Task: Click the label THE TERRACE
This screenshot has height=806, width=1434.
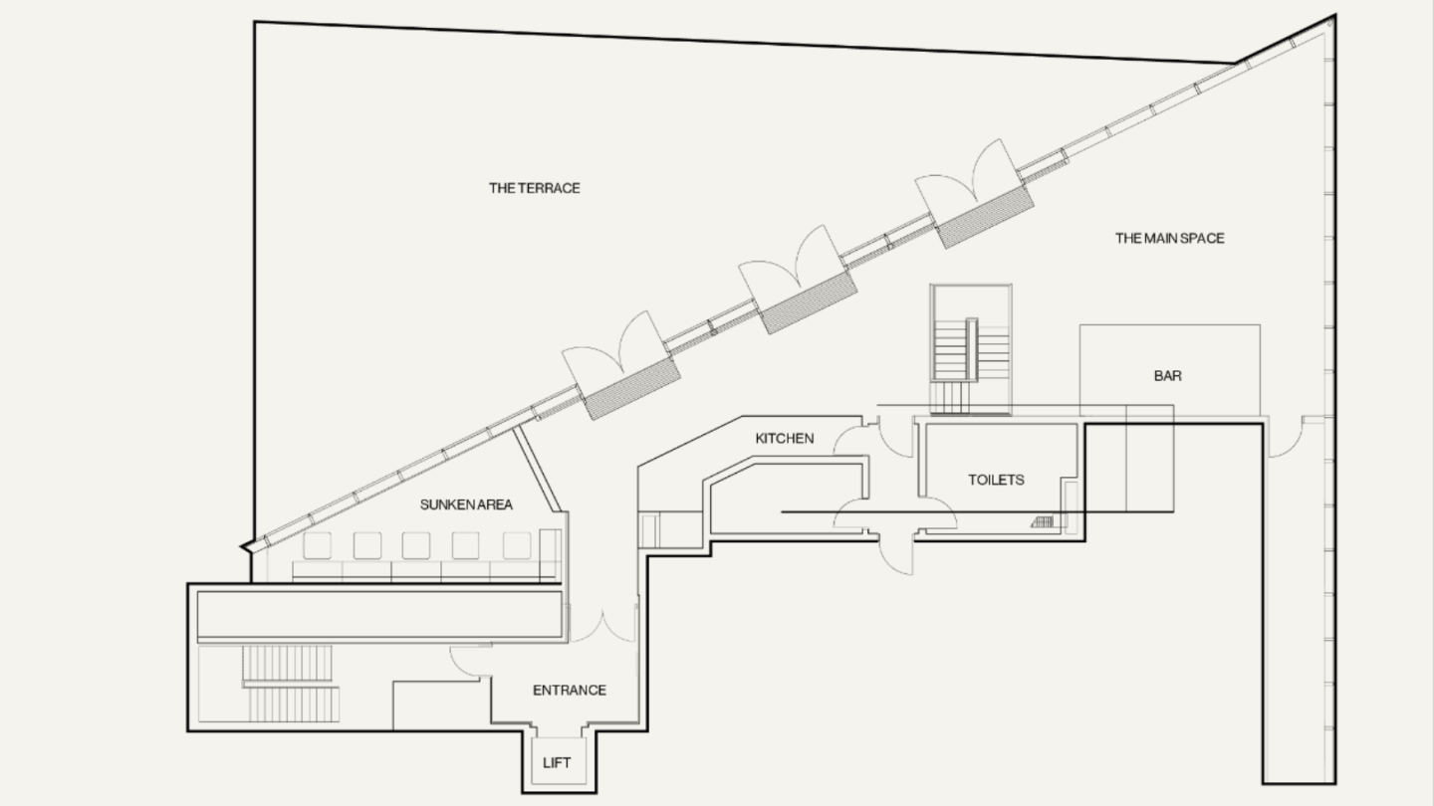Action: (x=535, y=188)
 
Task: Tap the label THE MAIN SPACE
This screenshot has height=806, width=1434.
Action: (x=1169, y=238)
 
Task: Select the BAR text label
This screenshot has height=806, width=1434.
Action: (x=1168, y=376)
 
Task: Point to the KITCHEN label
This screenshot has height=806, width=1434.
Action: (x=785, y=439)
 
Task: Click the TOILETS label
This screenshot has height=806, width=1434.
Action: (x=996, y=480)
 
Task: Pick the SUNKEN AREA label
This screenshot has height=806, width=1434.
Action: (x=466, y=504)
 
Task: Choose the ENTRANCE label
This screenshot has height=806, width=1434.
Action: (x=570, y=691)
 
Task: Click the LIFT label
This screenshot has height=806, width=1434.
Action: (x=557, y=763)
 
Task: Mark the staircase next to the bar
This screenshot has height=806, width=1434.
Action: (x=971, y=350)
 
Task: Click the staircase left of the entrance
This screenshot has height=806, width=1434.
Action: (x=291, y=684)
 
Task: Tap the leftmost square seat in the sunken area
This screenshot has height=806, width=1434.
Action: (x=317, y=545)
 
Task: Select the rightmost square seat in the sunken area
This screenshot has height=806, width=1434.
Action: (x=517, y=545)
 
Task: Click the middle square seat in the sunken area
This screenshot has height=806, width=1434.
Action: (x=416, y=545)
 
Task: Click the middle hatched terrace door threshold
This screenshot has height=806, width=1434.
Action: (x=809, y=302)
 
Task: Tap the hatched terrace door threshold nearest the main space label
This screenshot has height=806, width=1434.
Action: (x=985, y=216)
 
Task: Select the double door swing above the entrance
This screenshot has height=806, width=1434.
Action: (x=602, y=627)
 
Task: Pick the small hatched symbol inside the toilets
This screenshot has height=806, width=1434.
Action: (x=1043, y=522)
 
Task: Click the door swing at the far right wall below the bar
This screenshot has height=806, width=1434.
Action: (x=1286, y=438)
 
